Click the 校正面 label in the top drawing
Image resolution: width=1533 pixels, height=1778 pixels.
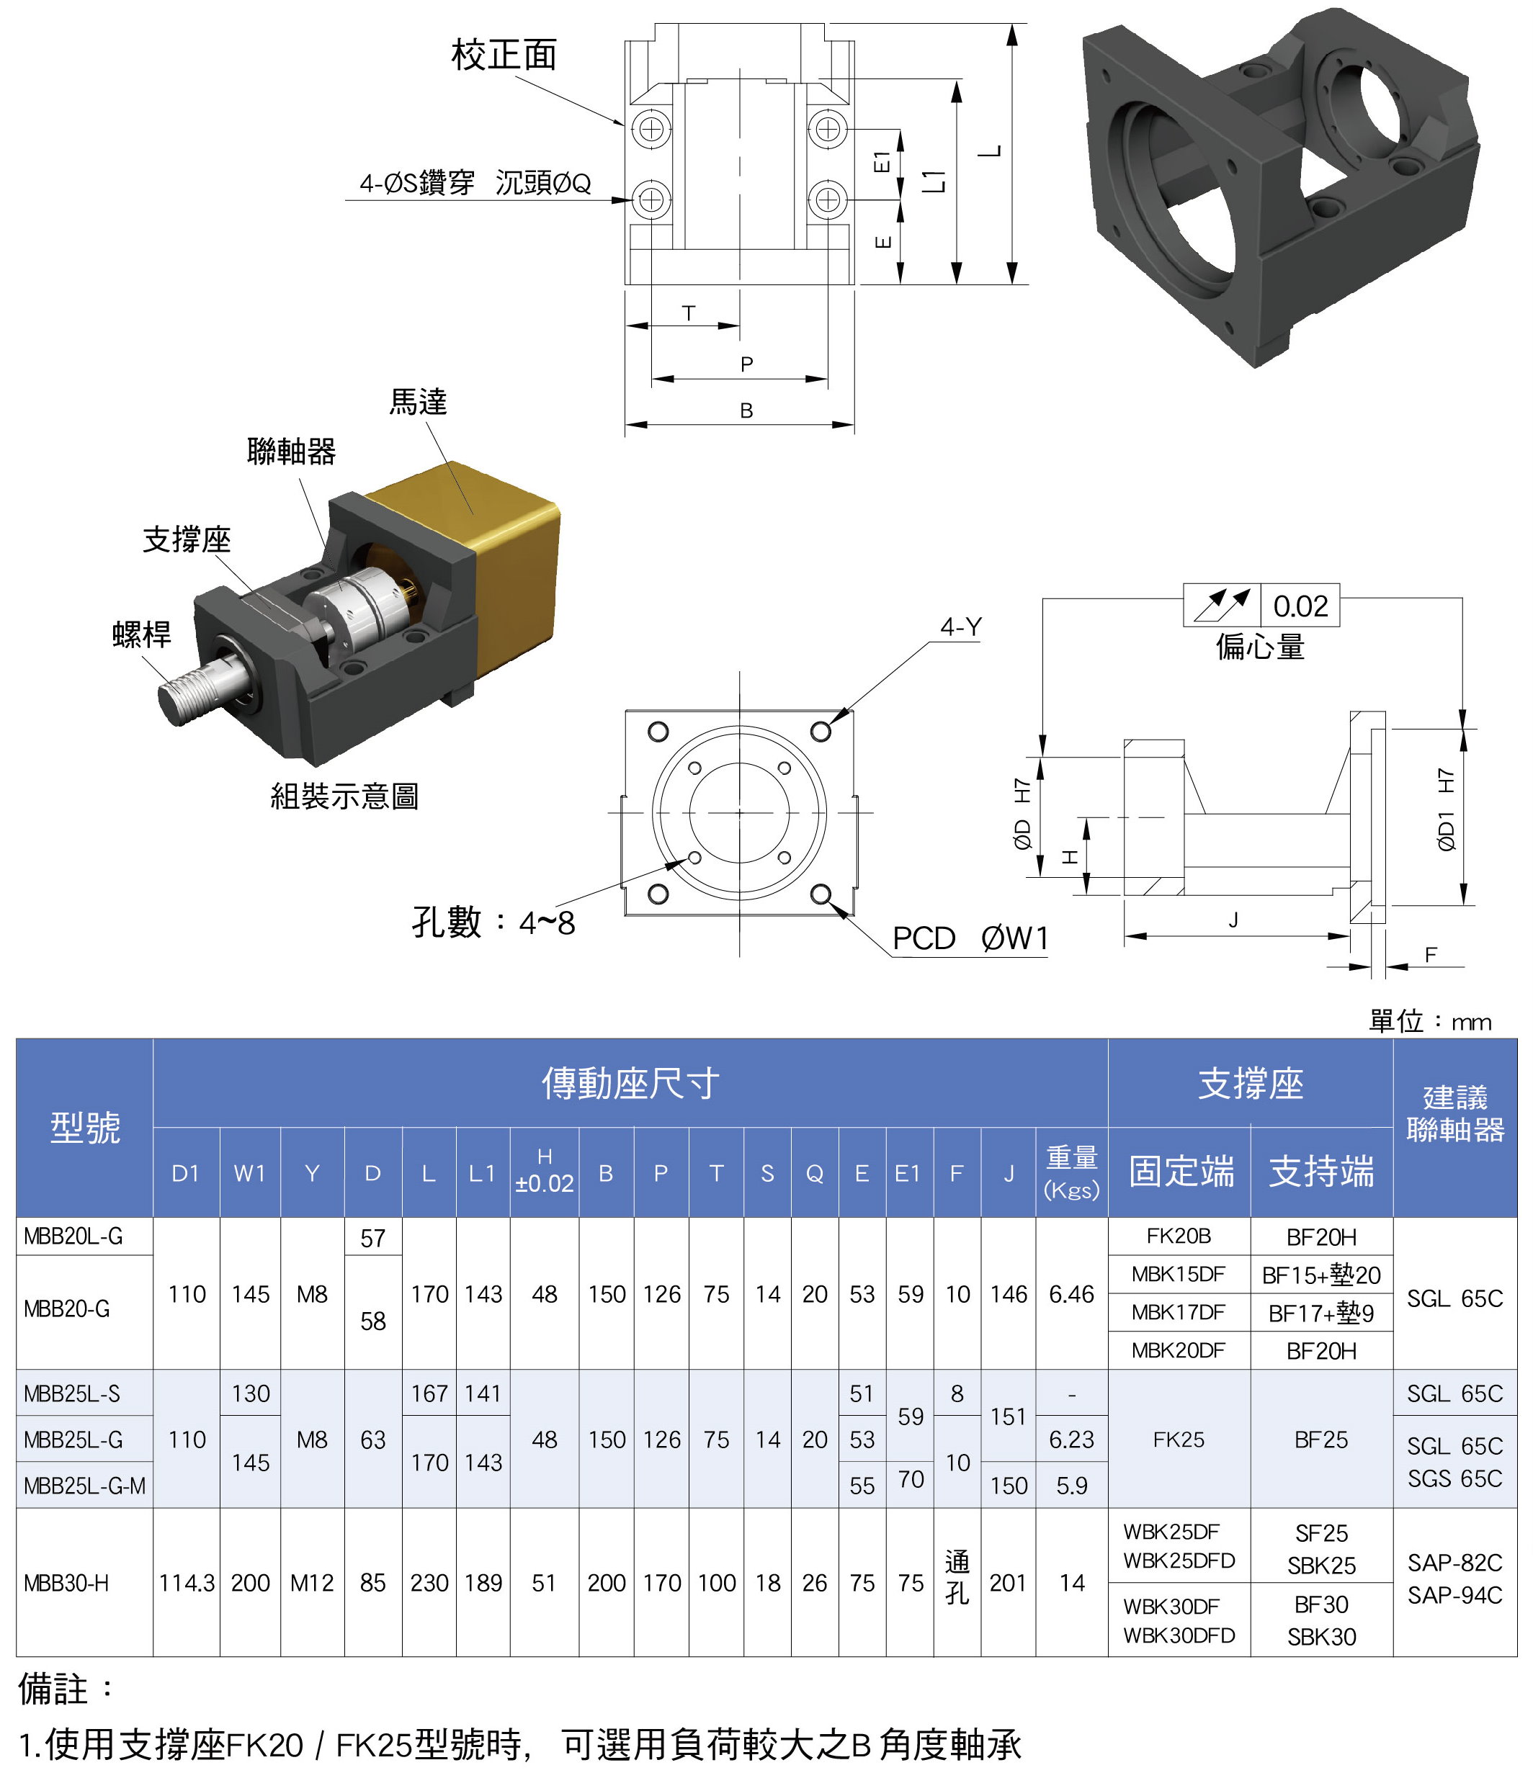[504, 55]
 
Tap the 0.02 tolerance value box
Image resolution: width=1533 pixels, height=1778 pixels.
[1300, 606]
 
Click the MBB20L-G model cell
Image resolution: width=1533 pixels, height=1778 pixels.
[73, 1236]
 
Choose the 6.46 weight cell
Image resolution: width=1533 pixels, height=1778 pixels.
[1071, 1294]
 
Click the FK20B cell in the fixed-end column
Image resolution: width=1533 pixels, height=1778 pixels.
[1179, 1236]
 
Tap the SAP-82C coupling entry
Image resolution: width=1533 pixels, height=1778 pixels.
[1454, 1562]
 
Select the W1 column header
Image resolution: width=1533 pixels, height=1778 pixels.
[250, 1173]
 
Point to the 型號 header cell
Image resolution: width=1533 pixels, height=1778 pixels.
[85, 1127]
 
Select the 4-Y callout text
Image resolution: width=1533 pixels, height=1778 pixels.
[960, 627]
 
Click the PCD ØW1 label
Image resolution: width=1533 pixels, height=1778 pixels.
[970, 938]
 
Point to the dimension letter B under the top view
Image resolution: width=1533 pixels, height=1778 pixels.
[746, 411]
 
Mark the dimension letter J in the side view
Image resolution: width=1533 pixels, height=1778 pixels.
[1233, 920]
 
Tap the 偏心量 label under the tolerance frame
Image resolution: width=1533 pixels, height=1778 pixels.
[1259, 646]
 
